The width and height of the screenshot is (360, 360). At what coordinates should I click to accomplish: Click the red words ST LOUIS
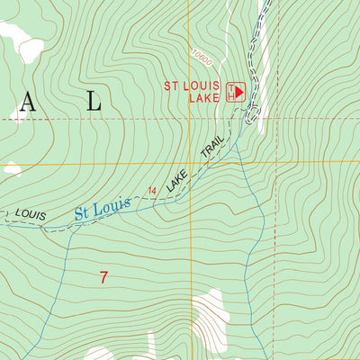pos(192,85)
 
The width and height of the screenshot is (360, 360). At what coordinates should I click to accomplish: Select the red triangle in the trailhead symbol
pos(240,91)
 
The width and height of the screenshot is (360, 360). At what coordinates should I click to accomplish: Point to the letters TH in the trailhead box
pos(231,91)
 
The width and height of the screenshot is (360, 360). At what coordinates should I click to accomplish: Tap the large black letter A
pos(27,103)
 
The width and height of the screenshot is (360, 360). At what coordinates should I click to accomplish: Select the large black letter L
pos(94,103)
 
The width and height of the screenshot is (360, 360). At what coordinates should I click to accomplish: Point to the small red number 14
pos(152,190)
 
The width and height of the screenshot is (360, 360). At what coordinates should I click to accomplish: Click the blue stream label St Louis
pos(102,209)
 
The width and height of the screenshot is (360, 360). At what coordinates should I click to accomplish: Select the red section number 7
pos(103,278)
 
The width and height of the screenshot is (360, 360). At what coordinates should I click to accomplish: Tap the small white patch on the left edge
pos(12,168)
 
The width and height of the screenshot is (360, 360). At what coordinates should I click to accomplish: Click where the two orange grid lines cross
pos(188,163)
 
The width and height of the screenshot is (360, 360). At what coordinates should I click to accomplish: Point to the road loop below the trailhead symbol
pos(252,114)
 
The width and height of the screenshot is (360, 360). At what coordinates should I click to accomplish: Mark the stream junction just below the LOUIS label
pos(41,228)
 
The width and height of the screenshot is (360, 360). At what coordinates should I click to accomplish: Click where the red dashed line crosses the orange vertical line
pos(188,118)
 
